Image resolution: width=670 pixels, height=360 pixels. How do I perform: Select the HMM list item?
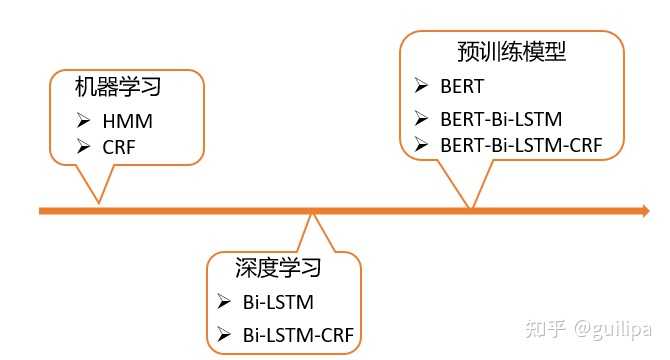tap(122, 121)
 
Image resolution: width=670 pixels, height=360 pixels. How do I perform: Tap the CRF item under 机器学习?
tap(118, 147)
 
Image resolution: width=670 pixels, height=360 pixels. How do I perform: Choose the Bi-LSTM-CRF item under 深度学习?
tap(298, 333)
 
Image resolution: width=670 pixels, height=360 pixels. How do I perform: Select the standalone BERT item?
tap(461, 86)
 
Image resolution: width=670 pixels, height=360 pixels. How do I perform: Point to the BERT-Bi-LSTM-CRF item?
tap(521, 146)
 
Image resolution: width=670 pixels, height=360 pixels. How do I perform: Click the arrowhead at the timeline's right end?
tap(643, 210)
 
